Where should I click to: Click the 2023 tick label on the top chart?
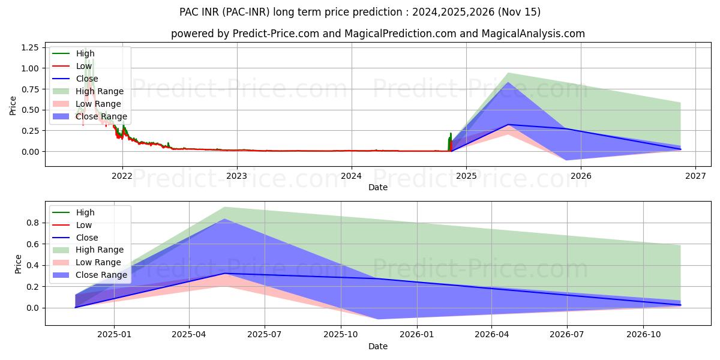237,176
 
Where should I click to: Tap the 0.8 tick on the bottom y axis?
34,223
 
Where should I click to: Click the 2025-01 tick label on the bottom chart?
114,334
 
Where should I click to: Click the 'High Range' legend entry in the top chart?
100,91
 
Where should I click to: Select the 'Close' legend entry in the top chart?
87,79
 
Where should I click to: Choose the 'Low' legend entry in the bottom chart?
84,225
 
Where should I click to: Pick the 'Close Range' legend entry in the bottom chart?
101,275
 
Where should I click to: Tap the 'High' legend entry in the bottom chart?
85,212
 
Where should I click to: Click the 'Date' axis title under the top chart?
378,187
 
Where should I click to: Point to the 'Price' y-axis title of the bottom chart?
18,264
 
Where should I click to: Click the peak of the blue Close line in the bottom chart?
224,274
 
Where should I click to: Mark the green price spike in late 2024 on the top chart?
451,136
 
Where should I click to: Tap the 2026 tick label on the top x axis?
581,176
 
